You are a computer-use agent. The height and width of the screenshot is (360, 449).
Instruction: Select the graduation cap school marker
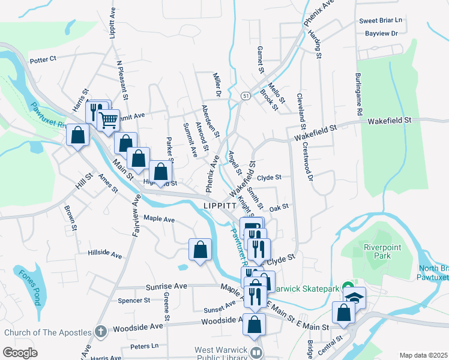(354, 297)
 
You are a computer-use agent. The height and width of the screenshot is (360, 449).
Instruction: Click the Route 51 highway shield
(246, 95)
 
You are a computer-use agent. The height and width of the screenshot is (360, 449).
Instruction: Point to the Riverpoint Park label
(376, 251)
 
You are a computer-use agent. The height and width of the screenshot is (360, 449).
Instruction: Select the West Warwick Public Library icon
(256, 353)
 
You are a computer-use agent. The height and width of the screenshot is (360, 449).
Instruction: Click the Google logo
(20, 352)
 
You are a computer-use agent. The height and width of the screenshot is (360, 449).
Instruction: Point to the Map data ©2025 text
(423, 355)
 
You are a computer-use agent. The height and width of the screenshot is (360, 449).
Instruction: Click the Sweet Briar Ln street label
(381, 20)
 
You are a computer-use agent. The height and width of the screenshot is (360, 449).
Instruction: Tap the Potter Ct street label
(43, 59)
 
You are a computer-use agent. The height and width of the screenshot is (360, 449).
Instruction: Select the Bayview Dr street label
(381, 33)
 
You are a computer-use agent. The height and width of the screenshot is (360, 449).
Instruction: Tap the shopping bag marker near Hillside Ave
(200, 249)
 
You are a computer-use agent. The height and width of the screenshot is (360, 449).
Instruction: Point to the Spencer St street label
(133, 300)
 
